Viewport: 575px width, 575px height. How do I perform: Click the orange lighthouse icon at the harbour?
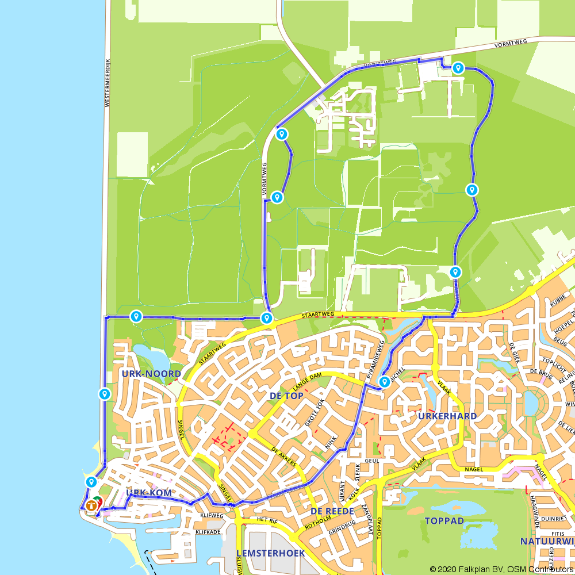point(91,506)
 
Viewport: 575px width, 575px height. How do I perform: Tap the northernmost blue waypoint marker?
point(458,68)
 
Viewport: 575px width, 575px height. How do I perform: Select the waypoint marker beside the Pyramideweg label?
point(384,382)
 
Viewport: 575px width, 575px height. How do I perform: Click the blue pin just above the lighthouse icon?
point(91,482)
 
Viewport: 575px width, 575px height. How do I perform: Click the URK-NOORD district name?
point(151,374)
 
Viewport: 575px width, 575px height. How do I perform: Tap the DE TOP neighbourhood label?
point(286,396)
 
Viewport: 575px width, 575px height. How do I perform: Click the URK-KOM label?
point(148,493)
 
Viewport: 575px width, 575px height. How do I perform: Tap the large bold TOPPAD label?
point(444,521)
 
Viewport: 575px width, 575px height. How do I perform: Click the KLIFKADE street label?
point(208,532)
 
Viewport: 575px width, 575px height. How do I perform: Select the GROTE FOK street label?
point(314,413)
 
